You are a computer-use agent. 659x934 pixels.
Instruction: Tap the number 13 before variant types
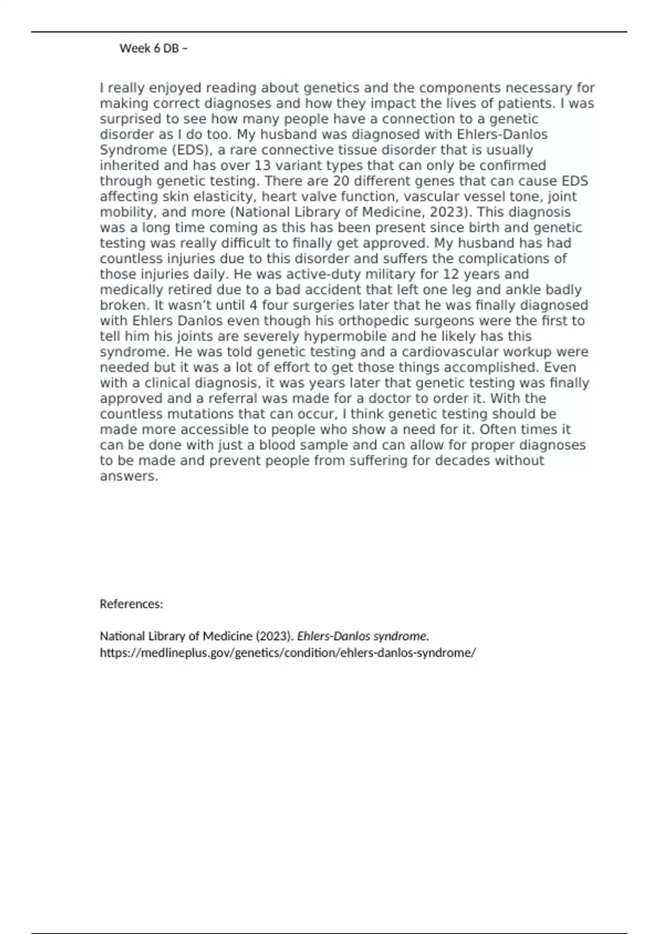(x=264, y=165)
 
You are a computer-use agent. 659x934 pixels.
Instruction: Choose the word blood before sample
(x=283, y=445)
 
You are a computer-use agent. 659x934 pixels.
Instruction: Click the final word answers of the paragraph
(x=129, y=476)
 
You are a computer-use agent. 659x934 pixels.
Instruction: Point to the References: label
(x=131, y=604)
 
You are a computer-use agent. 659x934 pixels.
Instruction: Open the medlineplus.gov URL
(x=287, y=653)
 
